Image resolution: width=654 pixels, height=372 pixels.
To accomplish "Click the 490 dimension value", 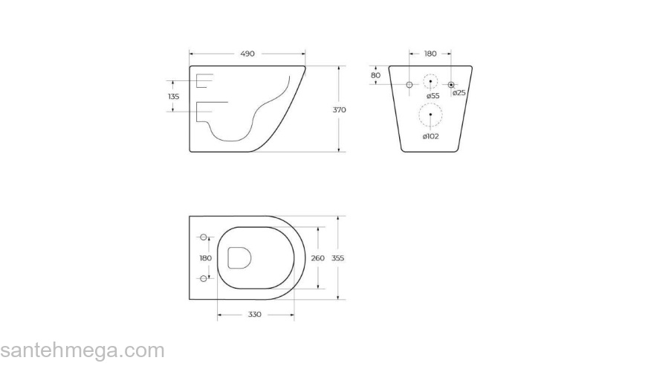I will [x=247, y=54].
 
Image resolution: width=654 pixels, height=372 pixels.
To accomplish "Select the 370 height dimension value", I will [x=339, y=110].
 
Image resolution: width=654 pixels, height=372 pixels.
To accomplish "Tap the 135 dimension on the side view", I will [x=173, y=97].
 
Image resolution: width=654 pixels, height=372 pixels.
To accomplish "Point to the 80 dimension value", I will [x=375, y=75].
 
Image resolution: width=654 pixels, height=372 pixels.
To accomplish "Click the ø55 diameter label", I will [x=433, y=95].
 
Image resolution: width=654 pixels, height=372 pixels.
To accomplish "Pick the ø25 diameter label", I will [x=459, y=93].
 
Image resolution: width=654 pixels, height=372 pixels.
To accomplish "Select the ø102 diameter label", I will [x=430, y=136].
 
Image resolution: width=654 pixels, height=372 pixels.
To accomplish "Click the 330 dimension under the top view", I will [x=254, y=315].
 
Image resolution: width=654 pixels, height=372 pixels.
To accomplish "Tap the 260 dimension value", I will [x=317, y=258].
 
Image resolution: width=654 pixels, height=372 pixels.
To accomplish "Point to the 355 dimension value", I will [x=338, y=258].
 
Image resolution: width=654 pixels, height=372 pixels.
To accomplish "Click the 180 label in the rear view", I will [x=430, y=54].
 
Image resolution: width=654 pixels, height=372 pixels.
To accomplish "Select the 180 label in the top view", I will [x=206, y=258].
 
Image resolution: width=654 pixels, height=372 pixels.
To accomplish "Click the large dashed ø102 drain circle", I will [x=430, y=115].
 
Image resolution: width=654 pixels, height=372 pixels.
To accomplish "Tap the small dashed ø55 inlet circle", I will [x=430, y=82].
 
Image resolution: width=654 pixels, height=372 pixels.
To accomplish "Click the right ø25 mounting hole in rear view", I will [x=451, y=86].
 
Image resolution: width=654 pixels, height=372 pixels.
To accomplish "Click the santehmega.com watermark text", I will [x=82, y=350].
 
